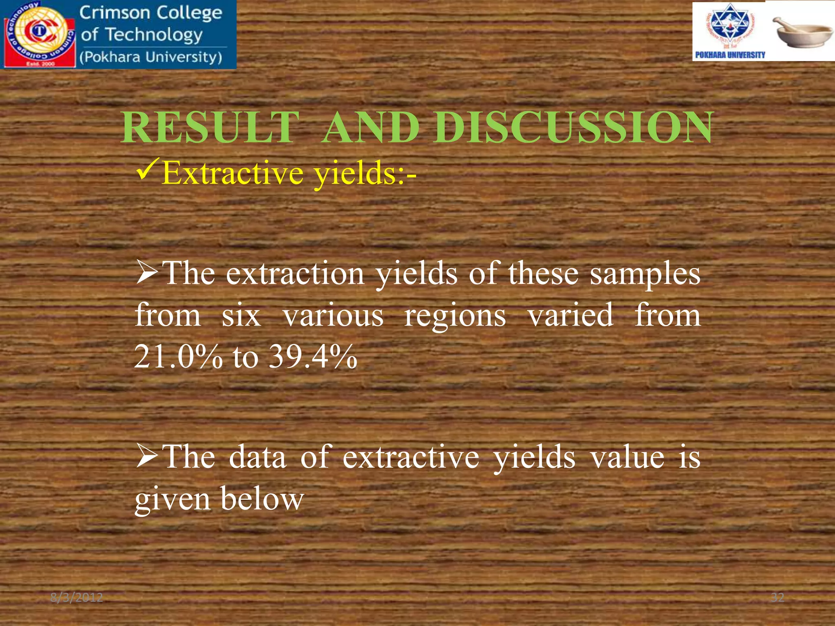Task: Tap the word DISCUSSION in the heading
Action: (x=573, y=128)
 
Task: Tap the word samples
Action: (x=645, y=274)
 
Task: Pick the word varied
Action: (x=571, y=315)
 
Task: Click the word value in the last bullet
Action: (x=628, y=457)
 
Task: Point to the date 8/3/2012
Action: (x=77, y=598)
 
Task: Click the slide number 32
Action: (x=778, y=598)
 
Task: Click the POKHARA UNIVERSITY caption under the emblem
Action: (x=730, y=55)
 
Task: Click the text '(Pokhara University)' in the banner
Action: (x=151, y=57)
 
